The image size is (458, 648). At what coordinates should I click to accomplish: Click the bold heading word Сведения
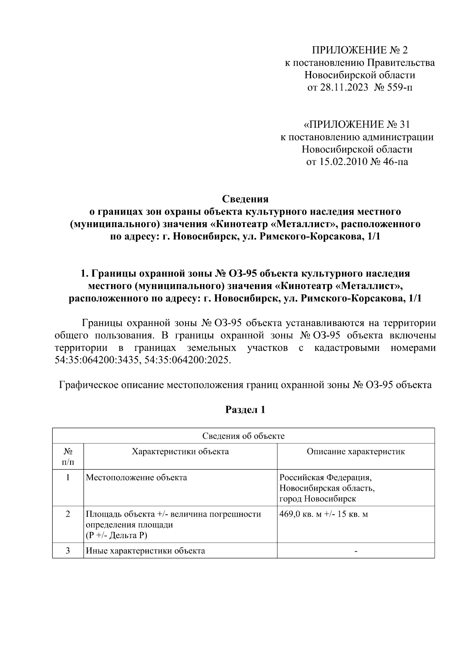[x=245, y=199]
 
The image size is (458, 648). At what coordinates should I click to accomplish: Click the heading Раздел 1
[x=245, y=410]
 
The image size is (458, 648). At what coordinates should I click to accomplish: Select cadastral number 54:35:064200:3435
[x=97, y=360]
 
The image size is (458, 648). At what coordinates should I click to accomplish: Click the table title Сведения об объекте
[x=243, y=436]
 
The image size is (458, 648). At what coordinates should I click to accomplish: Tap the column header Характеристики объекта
[x=180, y=451]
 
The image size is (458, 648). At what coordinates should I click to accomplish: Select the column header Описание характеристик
[x=356, y=451]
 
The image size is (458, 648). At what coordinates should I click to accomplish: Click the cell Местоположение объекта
[x=136, y=477]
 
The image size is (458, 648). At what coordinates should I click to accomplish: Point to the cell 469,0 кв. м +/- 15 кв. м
[x=324, y=514]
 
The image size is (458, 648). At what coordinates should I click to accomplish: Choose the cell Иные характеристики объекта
[x=145, y=551]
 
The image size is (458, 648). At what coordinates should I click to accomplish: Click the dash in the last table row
[x=356, y=551]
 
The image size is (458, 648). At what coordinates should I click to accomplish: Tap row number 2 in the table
[x=68, y=514]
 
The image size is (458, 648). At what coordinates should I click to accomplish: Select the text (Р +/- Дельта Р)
[x=116, y=535]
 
